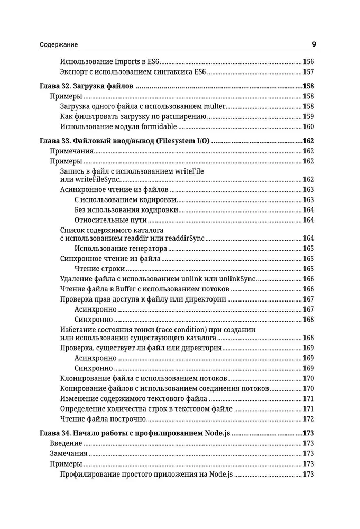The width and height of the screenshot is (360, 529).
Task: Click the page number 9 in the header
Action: pos(313,44)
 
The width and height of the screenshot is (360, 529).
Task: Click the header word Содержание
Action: pos(59,45)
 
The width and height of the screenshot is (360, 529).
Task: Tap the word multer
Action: pos(211,106)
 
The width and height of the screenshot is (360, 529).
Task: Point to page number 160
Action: pos(308,126)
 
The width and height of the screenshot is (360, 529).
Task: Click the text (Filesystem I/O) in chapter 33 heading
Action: pos(181,141)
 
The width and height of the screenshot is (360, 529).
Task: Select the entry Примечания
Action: pos(71,151)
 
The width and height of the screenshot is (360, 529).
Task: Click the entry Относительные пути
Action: pos(110,220)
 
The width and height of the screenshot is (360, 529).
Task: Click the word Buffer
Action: pos(116,289)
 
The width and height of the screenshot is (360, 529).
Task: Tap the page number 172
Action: pos(308,419)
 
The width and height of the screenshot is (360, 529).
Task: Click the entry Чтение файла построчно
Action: pos(103,419)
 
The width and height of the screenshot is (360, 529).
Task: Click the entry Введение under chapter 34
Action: pos(66,444)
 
